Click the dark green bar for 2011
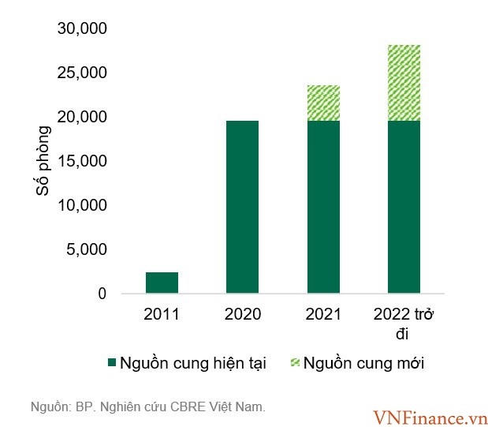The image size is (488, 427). pyautogui.click(x=162, y=283)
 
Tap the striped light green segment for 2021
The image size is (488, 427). pyautogui.click(x=323, y=103)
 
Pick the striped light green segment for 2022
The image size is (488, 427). pyautogui.click(x=404, y=83)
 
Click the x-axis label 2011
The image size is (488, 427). pyautogui.click(x=162, y=314)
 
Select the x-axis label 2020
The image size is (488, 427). pyautogui.click(x=242, y=314)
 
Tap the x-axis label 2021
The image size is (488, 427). pyautogui.click(x=323, y=314)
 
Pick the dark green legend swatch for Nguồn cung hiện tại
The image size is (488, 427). pyautogui.click(x=113, y=363)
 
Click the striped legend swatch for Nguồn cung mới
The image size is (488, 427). pyautogui.click(x=296, y=363)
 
